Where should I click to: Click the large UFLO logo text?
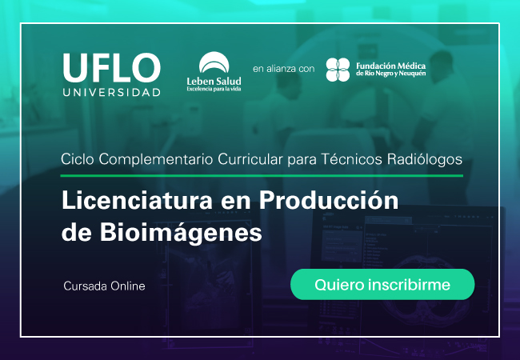[x=112, y=68]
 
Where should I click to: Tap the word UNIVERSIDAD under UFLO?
[x=112, y=93]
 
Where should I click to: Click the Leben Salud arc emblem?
[x=214, y=62]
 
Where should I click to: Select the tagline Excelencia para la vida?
[x=214, y=89]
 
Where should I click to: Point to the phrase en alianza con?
[x=283, y=69]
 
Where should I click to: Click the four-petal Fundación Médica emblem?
[x=338, y=70]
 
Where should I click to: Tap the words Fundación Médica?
[x=390, y=66]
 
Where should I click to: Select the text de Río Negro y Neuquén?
[x=390, y=74]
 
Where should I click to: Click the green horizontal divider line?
[x=262, y=175]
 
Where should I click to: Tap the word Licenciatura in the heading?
[x=137, y=201]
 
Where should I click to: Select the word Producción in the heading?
[x=329, y=201]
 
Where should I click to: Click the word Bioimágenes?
[x=181, y=232]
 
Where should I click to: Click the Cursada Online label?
[x=104, y=286]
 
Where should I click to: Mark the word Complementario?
[x=156, y=160]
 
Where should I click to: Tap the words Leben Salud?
[x=214, y=82]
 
